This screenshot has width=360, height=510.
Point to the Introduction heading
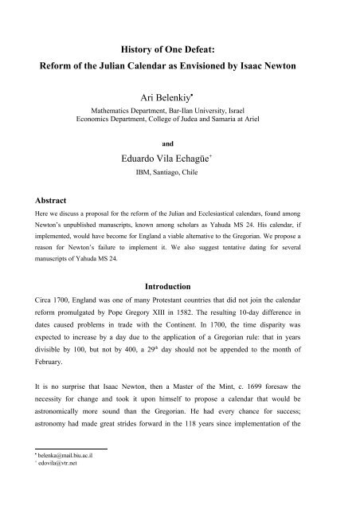[180, 284]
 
